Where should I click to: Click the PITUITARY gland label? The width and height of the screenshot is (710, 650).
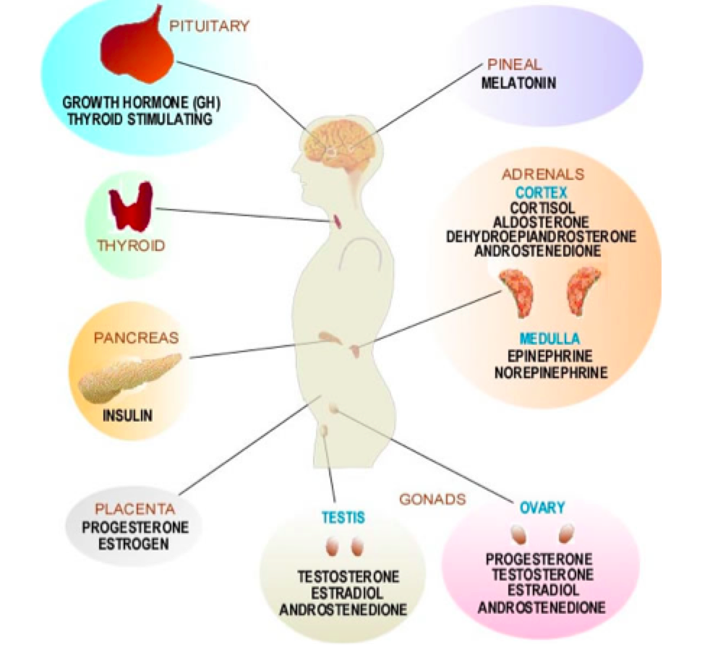pyautogui.click(x=209, y=27)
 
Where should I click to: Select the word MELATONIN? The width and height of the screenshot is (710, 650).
pyautogui.click(x=518, y=83)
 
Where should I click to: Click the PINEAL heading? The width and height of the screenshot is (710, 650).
pyautogui.click(x=515, y=64)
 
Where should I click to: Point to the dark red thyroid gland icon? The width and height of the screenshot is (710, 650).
pyautogui.click(x=131, y=205)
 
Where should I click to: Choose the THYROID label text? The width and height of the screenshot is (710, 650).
pyautogui.click(x=131, y=246)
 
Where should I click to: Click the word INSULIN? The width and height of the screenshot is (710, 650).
pyautogui.click(x=128, y=416)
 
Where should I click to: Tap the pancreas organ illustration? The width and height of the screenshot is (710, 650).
pyautogui.click(x=129, y=377)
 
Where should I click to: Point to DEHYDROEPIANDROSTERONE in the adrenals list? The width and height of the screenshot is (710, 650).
pyautogui.click(x=541, y=236)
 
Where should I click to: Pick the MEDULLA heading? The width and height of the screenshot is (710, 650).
pyautogui.click(x=549, y=338)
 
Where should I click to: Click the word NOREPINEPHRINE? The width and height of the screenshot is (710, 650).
pyautogui.click(x=551, y=373)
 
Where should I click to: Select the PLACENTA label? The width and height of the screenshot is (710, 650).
pyautogui.click(x=135, y=509)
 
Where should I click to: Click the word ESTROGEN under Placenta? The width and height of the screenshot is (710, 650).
pyautogui.click(x=134, y=542)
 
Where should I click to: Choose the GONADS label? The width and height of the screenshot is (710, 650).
pyautogui.click(x=432, y=500)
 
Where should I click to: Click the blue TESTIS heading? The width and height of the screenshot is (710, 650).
pyautogui.click(x=343, y=517)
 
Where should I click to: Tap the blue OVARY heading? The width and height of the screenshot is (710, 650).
pyautogui.click(x=542, y=508)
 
